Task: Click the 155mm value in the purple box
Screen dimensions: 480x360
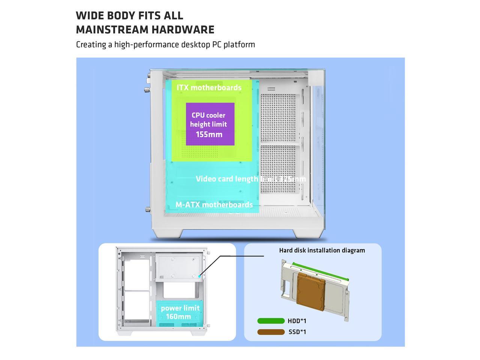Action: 209,134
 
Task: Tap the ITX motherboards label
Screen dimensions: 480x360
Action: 209,87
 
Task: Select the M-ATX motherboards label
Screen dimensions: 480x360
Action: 214,204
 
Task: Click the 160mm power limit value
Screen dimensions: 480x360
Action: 178,317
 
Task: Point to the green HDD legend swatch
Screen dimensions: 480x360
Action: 271,321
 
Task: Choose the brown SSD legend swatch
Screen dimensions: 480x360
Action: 271,332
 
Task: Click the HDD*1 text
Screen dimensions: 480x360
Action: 297,321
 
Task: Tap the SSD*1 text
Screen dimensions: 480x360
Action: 297,332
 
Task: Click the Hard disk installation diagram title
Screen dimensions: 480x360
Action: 322,250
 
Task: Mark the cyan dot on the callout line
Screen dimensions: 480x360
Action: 200,276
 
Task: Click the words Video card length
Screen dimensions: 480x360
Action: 227,179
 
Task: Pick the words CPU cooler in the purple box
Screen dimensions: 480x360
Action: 208,115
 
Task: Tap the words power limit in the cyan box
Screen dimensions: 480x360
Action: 180,308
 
